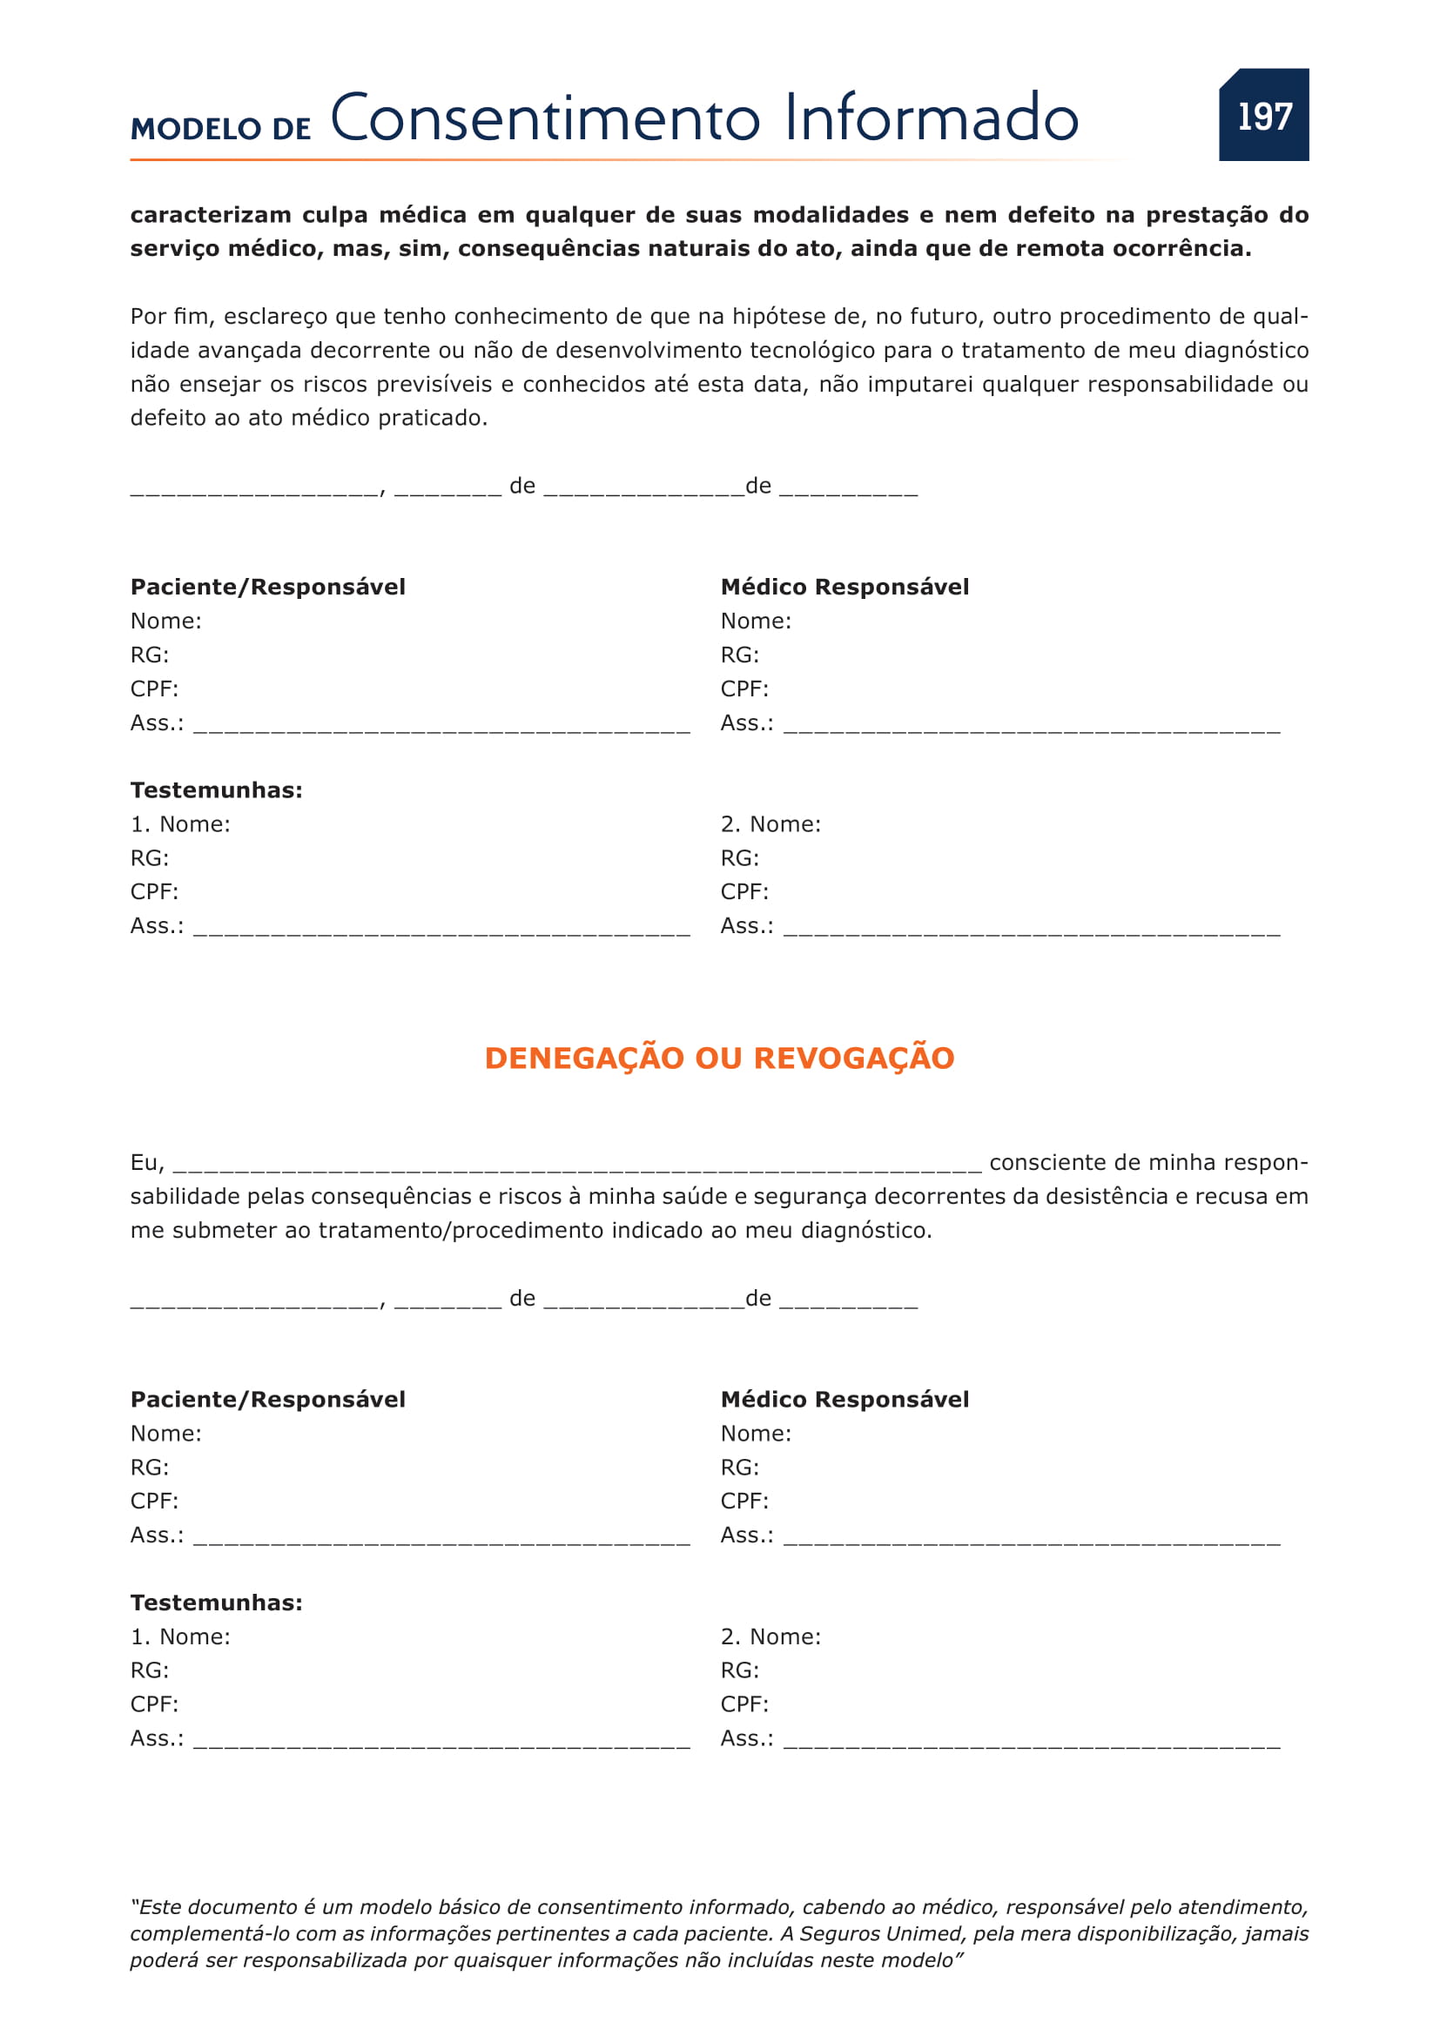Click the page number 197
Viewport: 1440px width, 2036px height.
click(x=1264, y=116)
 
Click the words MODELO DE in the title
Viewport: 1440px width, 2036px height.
click(x=221, y=130)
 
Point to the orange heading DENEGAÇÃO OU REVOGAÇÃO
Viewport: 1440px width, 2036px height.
click(x=719, y=1058)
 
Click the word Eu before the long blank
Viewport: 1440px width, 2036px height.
click(x=145, y=1163)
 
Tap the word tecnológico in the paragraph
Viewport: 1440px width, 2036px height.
click(x=818, y=350)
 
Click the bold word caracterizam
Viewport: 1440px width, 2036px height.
click(x=211, y=215)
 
